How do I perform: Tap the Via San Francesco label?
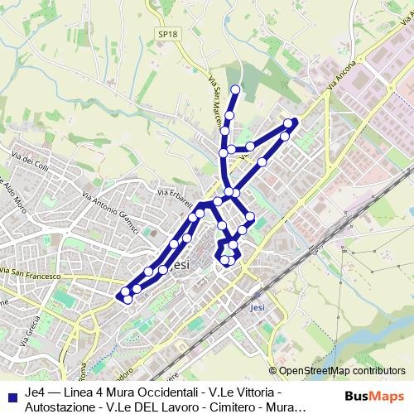pyautogui.click(x=31, y=273)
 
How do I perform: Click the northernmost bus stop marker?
pyautogui.click(x=235, y=89)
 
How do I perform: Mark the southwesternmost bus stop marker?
pyautogui.click(x=128, y=300)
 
